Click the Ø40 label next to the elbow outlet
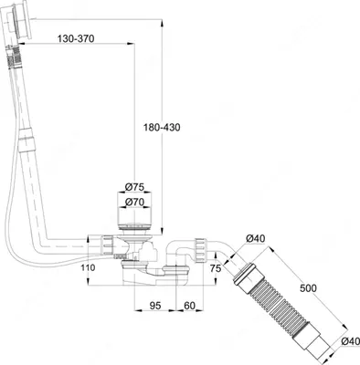255,240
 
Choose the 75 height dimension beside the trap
215,267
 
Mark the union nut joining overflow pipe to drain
107,245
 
